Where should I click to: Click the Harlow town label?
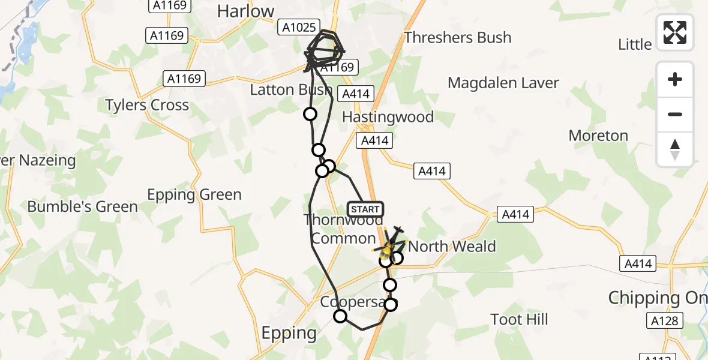click(245, 11)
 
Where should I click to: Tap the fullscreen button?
click(675, 32)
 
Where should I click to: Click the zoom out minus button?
click(675, 114)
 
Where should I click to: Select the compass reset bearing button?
click(675, 149)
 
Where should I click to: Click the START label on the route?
click(365, 209)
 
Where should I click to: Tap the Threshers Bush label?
click(457, 37)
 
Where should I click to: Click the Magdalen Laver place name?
click(503, 83)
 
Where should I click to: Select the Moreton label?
click(598, 136)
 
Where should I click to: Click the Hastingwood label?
click(388, 116)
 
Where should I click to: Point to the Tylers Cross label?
click(147, 105)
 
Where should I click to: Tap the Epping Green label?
click(194, 194)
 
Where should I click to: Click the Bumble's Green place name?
click(82, 206)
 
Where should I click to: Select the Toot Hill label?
click(519, 319)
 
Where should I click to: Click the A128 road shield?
click(665, 321)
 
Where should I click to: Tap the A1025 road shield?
click(298, 27)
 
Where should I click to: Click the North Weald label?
click(452, 246)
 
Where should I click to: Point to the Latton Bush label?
click(290, 90)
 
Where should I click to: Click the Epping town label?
click(289, 332)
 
